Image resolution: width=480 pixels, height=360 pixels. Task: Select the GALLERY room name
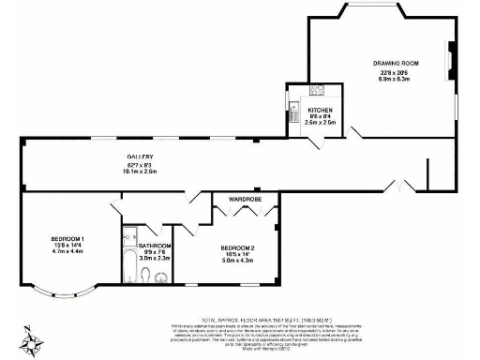141,156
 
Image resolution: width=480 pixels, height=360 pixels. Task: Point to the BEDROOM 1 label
67,239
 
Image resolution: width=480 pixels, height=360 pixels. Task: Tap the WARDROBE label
245,199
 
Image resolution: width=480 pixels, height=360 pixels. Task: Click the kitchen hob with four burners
317,92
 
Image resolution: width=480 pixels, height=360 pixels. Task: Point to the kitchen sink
294,106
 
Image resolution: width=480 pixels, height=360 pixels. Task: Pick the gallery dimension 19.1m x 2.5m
141,172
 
